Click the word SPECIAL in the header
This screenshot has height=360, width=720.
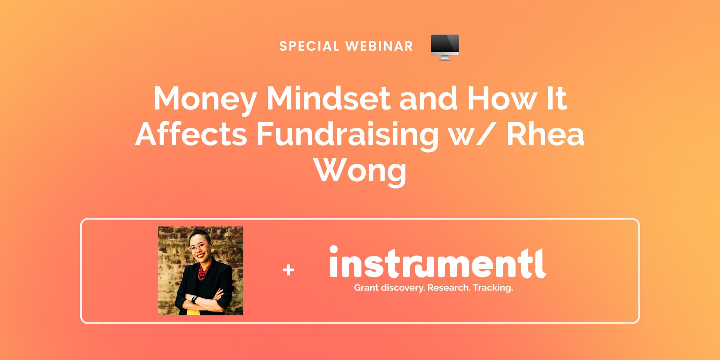pyautogui.click(x=309, y=46)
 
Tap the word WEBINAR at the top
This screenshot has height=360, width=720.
pyautogui.click(x=379, y=46)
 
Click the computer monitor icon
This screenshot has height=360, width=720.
pyautogui.click(x=445, y=47)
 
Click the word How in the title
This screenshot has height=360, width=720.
pyautogui.click(x=501, y=98)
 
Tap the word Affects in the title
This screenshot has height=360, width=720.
pyautogui.click(x=191, y=134)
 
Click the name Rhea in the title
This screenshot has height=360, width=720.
pyautogui.click(x=545, y=134)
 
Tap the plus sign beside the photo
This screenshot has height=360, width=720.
pyautogui.click(x=289, y=270)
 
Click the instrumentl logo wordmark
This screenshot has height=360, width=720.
pyautogui.click(x=437, y=262)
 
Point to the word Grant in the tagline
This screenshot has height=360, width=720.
pyautogui.click(x=366, y=288)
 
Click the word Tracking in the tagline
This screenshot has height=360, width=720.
pyautogui.click(x=493, y=288)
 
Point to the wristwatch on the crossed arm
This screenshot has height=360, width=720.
pyautogui.click(x=194, y=299)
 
